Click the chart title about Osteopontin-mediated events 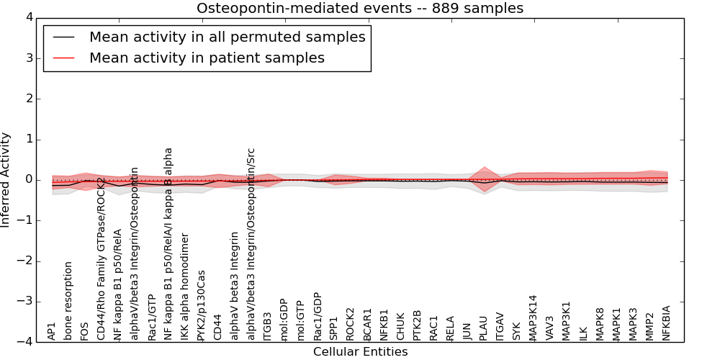point(360,9)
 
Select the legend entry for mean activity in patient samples point(207,58)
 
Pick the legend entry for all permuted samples point(227,37)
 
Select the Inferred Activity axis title point(6,180)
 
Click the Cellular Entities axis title point(360,352)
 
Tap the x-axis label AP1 point(52,331)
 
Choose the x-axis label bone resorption point(68,301)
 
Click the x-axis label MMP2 point(650,326)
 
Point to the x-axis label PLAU point(484,328)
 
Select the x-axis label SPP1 point(334,328)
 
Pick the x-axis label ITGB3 point(268,326)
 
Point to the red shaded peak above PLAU point(484,170)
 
